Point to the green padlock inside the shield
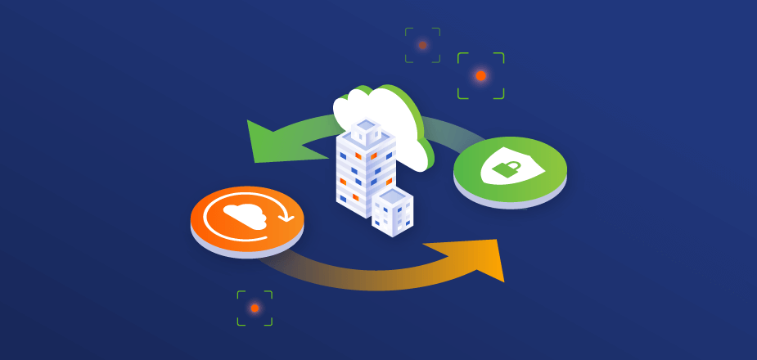coord(507,169)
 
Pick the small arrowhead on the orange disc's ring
coord(286,218)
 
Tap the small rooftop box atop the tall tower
coord(366,131)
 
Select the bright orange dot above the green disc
coord(480,75)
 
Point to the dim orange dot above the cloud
coord(422,45)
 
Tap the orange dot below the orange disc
coord(255,308)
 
